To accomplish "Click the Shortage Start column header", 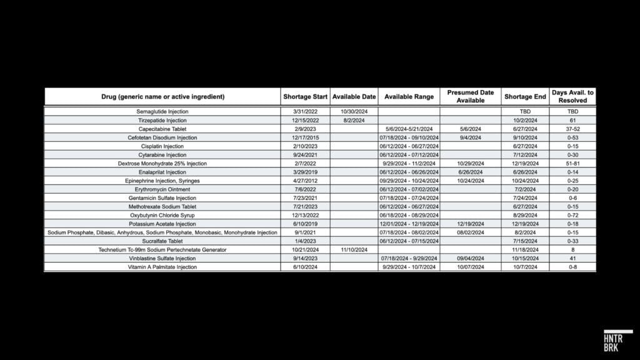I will tap(305, 97).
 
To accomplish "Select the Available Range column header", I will tap(409, 97).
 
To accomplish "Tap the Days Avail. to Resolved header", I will tap(573, 96).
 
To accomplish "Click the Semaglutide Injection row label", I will tap(162, 111).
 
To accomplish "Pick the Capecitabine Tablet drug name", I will tap(162, 129).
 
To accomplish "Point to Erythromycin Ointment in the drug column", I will tap(162, 189).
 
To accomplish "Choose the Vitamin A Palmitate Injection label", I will tap(162, 267).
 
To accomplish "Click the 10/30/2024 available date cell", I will tap(354, 111).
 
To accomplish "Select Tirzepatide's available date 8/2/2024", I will tap(354, 120).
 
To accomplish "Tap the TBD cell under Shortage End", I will tap(525, 111).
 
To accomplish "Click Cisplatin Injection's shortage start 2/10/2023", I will tap(305, 146).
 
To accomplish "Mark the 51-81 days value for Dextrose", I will tap(573, 163).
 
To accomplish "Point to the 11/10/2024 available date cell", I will tap(354, 249).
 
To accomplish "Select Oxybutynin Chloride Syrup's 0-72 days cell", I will tap(573, 215).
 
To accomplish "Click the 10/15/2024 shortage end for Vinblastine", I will tap(525, 258).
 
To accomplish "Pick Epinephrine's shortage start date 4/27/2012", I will tap(305, 181).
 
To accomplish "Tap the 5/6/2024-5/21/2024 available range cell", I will tap(409, 129).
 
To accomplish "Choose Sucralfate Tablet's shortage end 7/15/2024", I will tap(525, 241).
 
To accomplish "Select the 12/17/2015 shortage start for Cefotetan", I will tap(305, 137).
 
